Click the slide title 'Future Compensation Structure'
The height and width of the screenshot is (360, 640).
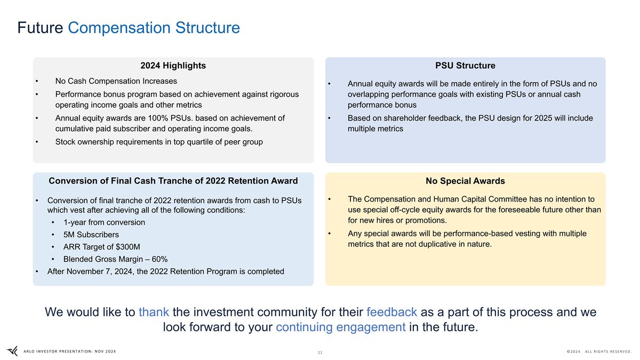click(129, 28)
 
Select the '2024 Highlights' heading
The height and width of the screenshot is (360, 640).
click(173, 66)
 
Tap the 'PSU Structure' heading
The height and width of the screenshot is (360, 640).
click(465, 66)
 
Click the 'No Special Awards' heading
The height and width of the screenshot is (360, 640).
click(465, 181)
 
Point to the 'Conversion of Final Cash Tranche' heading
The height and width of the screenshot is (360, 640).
click(173, 181)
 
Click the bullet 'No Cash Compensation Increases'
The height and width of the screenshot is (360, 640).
click(116, 81)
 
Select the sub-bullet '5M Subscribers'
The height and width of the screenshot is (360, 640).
click(91, 235)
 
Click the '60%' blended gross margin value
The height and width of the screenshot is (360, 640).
click(159, 259)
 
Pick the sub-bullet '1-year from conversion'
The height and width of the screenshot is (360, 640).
click(104, 222)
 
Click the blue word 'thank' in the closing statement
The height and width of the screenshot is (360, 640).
click(154, 312)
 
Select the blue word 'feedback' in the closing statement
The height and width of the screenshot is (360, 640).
click(391, 312)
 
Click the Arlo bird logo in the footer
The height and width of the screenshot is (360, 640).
click(12, 351)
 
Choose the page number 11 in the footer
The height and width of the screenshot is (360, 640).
click(320, 353)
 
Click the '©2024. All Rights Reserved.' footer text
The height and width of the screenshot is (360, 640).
click(599, 351)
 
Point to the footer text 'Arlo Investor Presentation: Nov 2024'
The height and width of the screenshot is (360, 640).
click(69, 351)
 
